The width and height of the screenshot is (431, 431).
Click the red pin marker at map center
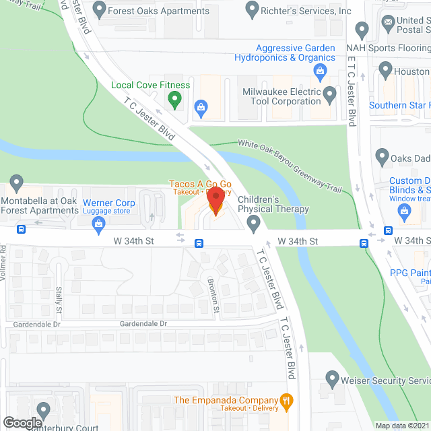215,201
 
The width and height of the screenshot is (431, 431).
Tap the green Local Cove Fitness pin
175,100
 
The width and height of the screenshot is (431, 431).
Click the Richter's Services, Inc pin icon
252,10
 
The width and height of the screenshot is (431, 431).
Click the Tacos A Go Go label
200,184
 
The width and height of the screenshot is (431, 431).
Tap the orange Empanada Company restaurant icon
287,400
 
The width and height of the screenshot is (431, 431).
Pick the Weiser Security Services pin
332,378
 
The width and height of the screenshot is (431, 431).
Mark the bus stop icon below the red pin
199,243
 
